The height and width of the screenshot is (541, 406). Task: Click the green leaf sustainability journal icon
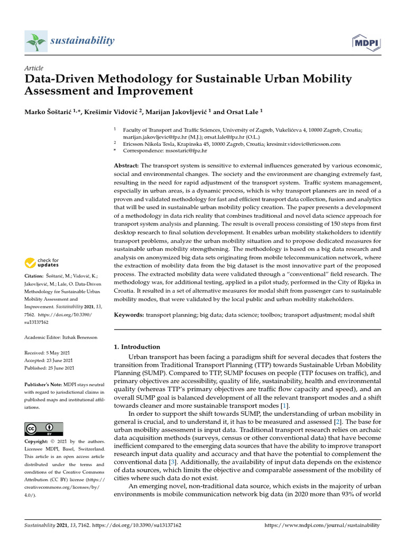pos(36,41)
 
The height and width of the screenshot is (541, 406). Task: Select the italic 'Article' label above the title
pos(34,69)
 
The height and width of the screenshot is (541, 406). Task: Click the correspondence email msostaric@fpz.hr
pos(184,151)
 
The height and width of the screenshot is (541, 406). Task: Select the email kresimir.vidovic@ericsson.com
pos(303,144)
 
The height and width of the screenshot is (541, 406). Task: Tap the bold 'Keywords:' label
pos(129,315)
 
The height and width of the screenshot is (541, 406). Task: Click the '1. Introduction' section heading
pos(137,347)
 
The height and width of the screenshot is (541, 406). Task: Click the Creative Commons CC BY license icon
pos(44,428)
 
